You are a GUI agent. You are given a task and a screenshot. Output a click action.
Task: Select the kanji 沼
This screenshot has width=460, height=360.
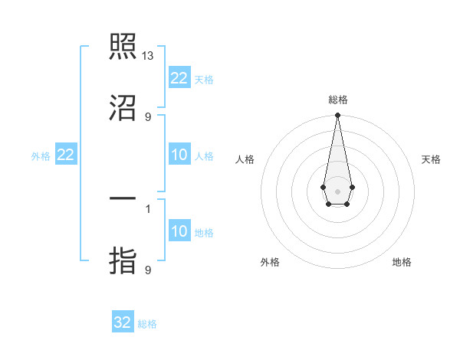[123, 108]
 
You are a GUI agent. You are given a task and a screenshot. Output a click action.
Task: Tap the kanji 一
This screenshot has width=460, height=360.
[123, 198]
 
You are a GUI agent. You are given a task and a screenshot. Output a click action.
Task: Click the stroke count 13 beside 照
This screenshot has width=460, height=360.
[149, 56]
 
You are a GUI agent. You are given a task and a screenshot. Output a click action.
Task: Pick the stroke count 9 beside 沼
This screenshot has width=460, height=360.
[148, 116]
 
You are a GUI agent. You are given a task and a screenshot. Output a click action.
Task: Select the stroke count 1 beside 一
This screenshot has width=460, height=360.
[148, 208]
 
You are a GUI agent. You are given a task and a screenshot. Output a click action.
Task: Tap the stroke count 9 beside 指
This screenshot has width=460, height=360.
[148, 270]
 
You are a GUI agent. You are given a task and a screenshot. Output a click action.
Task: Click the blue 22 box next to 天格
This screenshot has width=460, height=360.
[179, 78]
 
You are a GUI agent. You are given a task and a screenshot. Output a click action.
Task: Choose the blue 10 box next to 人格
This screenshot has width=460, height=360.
[179, 155]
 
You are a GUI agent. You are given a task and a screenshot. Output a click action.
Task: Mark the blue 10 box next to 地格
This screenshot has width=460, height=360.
[179, 232]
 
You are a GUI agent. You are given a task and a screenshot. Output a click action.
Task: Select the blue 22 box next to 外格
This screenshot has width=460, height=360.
[66, 155]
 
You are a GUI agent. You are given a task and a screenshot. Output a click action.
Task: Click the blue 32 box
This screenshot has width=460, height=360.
[123, 322]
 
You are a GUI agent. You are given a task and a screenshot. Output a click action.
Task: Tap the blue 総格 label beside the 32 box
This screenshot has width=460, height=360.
[147, 324]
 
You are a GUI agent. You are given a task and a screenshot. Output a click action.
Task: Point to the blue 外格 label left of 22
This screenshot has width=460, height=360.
[41, 156]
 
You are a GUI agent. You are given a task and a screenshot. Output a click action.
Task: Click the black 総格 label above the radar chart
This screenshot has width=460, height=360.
[338, 100]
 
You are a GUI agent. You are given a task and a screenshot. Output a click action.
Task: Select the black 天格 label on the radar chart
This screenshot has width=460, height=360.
[431, 159]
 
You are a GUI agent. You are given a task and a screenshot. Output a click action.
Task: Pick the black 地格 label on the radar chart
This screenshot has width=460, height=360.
[402, 262]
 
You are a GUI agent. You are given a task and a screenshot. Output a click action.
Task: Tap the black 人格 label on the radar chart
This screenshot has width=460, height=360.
[245, 159]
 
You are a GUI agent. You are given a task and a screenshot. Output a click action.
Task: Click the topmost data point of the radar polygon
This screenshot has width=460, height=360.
[337, 115]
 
